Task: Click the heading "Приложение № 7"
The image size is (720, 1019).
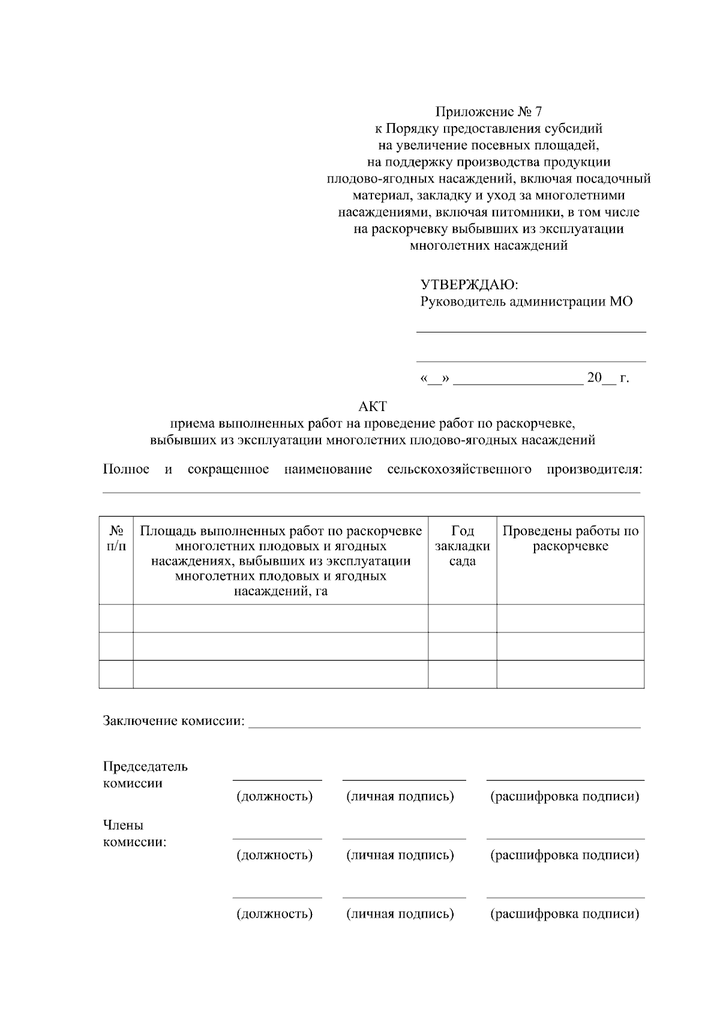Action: (488, 112)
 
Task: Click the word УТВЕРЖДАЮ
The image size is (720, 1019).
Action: (469, 284)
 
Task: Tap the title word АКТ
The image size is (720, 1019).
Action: (372, 406)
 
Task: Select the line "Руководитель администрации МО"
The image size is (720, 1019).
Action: (526, 301)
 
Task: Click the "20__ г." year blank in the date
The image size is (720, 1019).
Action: (608, 378)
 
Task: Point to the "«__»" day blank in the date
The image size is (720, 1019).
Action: (436, 379)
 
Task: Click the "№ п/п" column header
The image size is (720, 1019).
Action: (116, 538)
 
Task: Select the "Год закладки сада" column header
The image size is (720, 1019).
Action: (462, 546)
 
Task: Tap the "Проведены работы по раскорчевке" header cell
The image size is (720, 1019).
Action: (570, 538)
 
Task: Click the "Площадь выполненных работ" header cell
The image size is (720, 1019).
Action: (281, 561)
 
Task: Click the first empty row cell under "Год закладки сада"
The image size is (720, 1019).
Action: (462, 618)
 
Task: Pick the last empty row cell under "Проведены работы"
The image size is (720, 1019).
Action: (570, 674)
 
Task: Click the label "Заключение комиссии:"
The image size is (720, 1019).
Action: (174, 721)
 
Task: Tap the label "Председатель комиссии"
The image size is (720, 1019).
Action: (145, 775)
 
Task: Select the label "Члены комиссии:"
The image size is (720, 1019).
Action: (134, 834)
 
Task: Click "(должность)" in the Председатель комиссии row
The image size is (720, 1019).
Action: (275, 796)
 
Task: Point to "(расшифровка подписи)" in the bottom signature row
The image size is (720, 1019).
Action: (565, 914)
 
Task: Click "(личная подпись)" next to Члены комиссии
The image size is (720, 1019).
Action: (400, 855)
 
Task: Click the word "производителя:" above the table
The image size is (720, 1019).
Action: (594, 469)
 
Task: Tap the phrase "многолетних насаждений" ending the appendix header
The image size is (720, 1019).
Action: (488, 245)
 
